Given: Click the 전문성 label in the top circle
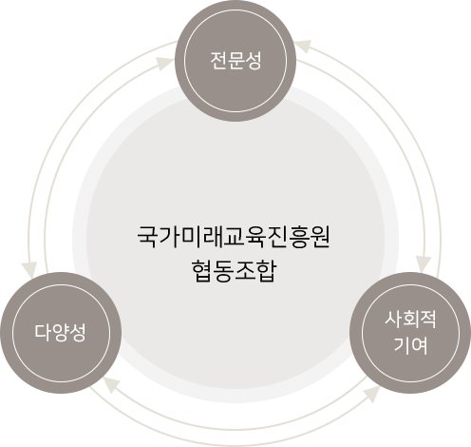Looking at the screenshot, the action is click(x=235, y=60).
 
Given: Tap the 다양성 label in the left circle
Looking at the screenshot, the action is click(x=60, y=332).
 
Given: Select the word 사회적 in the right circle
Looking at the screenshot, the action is click(x=410, y=320).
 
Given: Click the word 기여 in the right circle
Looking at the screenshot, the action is click(x=410, y=345).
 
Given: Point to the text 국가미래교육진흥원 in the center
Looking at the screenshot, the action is click(x=234, y=237).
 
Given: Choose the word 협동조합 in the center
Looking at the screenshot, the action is click(x=234, y=271).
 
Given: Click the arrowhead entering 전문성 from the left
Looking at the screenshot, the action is click(x=164, y=63).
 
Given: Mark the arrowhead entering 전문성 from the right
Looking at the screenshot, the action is click(x=303, y=47).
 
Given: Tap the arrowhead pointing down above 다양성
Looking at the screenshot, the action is click(x=29, y=270).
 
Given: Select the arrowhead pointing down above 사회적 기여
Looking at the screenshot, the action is click(x=424, y=263).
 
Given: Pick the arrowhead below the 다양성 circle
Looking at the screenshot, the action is click(x=111, y=384).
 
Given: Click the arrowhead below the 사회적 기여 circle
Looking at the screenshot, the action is click(x=372, y=394).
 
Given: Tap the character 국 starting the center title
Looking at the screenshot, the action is click(x=148, y=237).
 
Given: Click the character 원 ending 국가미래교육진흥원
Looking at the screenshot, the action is click(x=320, y=237).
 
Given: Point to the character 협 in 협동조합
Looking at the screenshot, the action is click(x=201, y=271).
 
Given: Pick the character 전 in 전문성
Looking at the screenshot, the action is click(x=218, y=60).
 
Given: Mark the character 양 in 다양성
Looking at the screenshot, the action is click(x=60, y=333).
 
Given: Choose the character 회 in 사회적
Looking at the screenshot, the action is click(x=410, y=320).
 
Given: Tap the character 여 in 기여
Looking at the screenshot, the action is click(x=420, y=345).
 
